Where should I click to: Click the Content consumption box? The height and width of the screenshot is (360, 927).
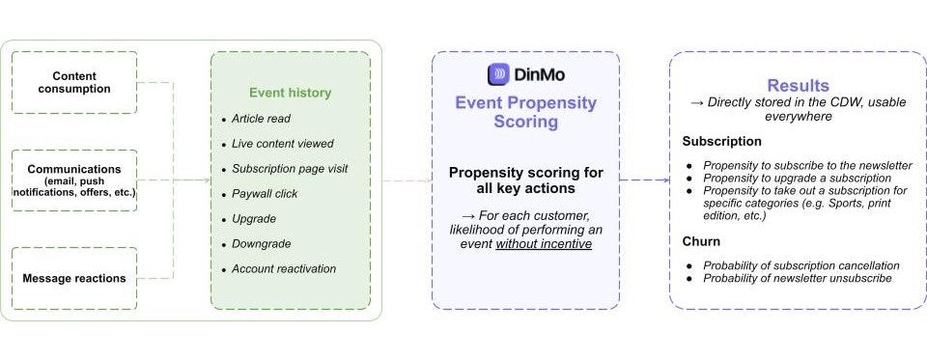pos(74,82)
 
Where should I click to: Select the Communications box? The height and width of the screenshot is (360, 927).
pos(74,180)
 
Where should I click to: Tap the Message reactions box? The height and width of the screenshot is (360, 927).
pos(74,278)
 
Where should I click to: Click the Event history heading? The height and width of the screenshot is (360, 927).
pos(290,93)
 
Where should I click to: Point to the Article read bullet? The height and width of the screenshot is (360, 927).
pos(261,119)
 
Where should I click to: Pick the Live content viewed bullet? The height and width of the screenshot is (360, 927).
pos(282,144)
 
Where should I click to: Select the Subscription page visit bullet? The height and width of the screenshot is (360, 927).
pos(290,169)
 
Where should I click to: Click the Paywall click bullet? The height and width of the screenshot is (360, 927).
pos(266,194)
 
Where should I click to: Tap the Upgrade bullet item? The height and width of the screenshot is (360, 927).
pos(254,219)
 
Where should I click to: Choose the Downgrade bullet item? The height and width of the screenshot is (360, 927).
pos(261,244)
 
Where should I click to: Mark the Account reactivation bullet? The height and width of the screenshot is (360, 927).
pos(284,269)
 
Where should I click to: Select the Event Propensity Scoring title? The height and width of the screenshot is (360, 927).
pos(525,113)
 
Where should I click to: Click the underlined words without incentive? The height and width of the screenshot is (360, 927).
pos(544,245)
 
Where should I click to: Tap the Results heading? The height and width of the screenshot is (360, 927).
pos(798,86)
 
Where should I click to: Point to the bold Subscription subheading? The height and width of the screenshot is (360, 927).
pos(722,142)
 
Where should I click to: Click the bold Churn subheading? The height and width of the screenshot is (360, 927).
pos(702,242)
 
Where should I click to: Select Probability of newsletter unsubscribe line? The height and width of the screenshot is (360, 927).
pos(797,279)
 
